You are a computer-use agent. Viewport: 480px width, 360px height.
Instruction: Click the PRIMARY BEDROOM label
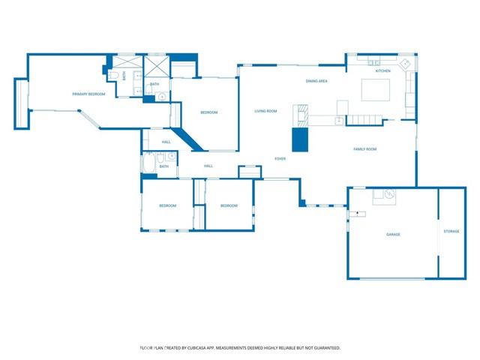coord(88,94)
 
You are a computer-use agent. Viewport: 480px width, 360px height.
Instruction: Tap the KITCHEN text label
coord(382,71)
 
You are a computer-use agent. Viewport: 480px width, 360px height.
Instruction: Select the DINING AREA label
coord(316,81)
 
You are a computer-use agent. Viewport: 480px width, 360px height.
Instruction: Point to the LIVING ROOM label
coord(265,111)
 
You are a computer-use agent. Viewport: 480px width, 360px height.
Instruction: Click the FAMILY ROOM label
coord(364,149)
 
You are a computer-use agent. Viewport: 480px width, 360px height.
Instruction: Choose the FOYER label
coord(280,158)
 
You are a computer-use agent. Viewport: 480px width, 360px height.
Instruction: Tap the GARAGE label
coord(393,234)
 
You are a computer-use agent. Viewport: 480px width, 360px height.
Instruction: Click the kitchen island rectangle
coord(376,89)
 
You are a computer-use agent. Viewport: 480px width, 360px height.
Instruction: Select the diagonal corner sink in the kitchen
coord(406,64)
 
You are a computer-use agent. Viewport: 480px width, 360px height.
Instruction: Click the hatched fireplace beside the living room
coord(301,115)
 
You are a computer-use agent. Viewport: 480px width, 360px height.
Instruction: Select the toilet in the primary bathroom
coord(113,76)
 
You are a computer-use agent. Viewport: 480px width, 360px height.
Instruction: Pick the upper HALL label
coord(166,142)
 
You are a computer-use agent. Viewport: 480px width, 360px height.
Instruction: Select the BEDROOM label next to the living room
coord(208,112)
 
